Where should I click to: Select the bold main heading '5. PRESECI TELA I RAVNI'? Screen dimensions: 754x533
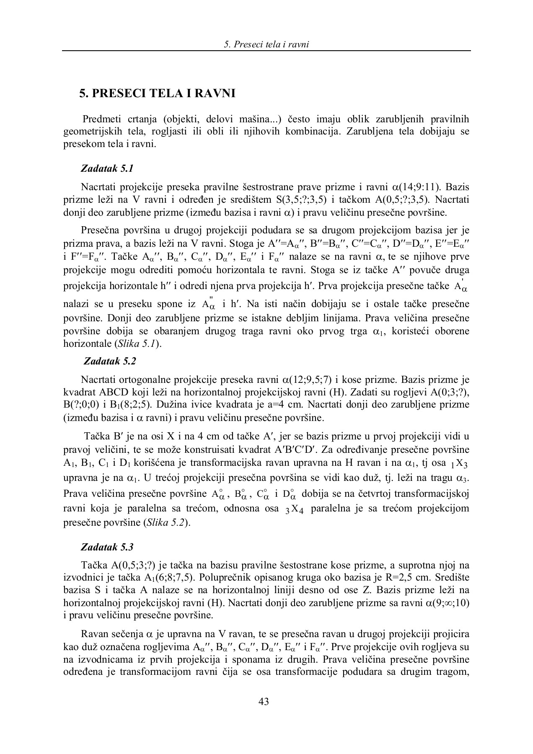[157, 93]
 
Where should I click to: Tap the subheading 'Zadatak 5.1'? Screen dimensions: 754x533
[107, 169]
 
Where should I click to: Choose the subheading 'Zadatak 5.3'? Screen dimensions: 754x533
[107, 547]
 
